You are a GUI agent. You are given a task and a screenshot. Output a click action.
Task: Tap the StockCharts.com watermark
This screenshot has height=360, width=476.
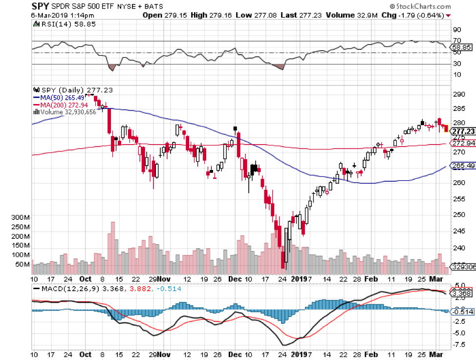(420, 6)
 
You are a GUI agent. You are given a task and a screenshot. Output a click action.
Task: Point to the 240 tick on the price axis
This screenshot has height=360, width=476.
(459, 248)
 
